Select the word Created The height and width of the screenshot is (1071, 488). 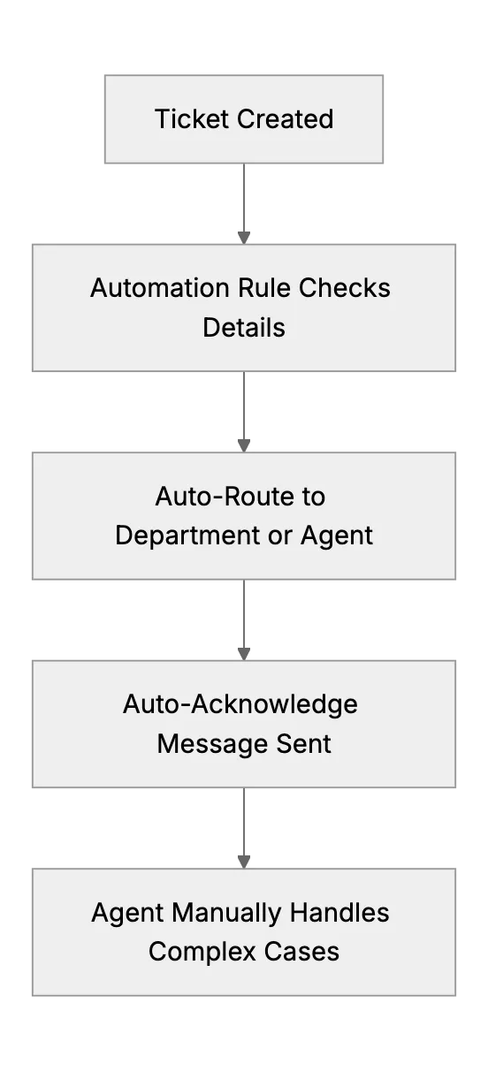[286, 118]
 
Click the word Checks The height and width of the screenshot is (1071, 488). [345, 288]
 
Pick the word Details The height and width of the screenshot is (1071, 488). [244, 328]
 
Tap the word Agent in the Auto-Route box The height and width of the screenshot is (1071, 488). [336, 535]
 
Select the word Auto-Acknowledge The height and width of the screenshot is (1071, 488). [240, 704]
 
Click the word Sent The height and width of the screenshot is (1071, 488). [303, 743]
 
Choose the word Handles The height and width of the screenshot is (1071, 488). [339, 912]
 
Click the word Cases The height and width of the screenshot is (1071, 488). [301, 952]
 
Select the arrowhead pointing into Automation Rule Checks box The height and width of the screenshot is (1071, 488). [244, 238]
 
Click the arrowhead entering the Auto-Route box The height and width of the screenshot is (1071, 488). [244, 446]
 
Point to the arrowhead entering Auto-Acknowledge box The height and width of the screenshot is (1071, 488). [244, 654]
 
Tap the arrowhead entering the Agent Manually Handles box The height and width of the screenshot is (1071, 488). [244, 862]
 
